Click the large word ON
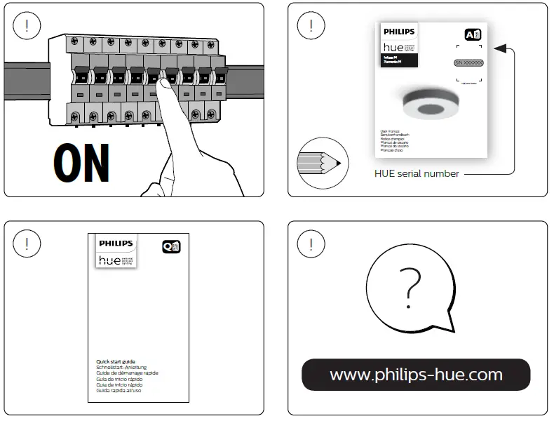click(x=81, y=163)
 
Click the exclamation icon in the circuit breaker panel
click(x=27, y=27)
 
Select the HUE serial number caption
click(x=417, y=173)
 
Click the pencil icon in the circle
click(x=323, y=162)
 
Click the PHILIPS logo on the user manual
click(x=399, y=32)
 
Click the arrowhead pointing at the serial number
click(x=499, y=48)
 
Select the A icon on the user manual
click(x=473, y=35)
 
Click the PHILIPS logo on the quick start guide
click(x=114, y=243)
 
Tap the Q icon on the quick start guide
click(x=171, y=246)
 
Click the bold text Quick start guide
click(x=116, y=362)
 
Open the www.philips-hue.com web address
click(x=416, y=375)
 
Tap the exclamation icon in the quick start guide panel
click(x=27, y=244)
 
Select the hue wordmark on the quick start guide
click(x=109, y=260)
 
